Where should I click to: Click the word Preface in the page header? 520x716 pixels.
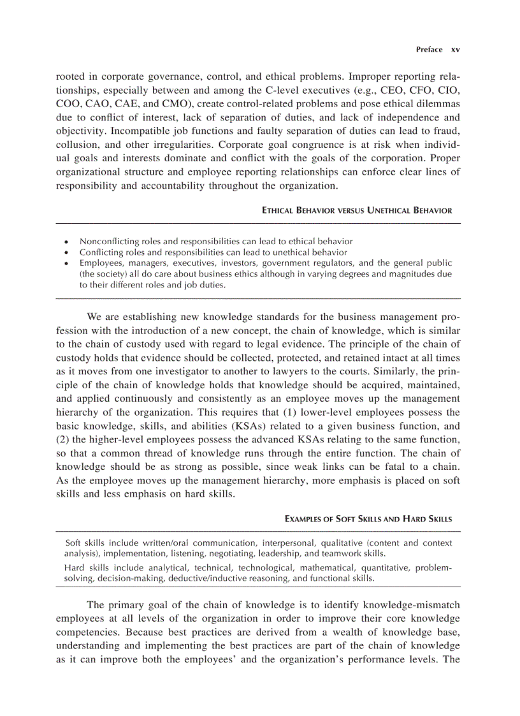(x=429, y=49)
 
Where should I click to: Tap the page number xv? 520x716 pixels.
(x=455, y=49)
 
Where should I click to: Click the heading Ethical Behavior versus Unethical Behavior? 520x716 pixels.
(x=357, y=210)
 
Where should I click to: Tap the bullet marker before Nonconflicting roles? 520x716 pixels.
(x=66, y=242)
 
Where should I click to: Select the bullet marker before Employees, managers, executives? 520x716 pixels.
(x=66, y=263)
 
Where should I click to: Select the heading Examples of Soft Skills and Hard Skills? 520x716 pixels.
(x=368, y=519)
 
